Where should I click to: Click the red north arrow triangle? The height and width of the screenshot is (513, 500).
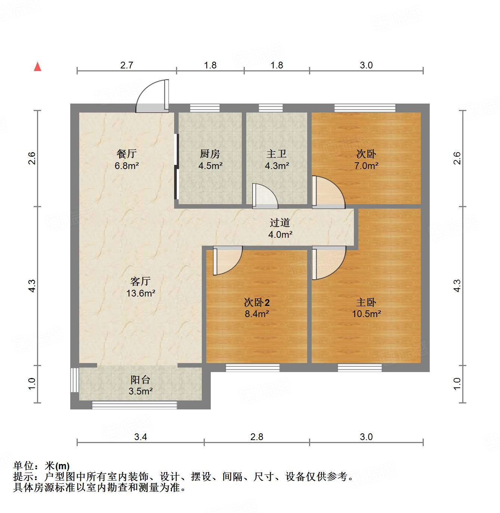(x=37, y=67)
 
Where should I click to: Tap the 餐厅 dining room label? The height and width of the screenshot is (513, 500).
(x=127, y=153)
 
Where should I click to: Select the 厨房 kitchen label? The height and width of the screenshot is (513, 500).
(x=210, y=153)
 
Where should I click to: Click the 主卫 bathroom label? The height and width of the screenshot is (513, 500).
(x=277, y=153)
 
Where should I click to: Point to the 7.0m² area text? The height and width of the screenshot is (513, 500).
(x=366, y=166)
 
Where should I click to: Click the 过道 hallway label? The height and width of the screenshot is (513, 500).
(x=280, y=222)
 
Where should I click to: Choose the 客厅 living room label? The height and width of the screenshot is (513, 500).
(x=141, y=281)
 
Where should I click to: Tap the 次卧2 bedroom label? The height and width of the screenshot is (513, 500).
(x=257, y=302)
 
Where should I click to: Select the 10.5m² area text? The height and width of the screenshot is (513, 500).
(x=366, y=314)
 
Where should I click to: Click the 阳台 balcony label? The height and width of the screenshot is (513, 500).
(x=141, y=380)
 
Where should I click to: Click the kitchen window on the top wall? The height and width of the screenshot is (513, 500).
(x=205, y=108)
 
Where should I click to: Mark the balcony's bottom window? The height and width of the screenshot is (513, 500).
(x=135, y=405)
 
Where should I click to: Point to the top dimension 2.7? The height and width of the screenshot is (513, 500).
(x=127, y=65)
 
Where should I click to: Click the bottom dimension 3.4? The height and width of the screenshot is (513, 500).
(x=141, y=437)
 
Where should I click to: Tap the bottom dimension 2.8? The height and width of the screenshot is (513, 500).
(x=257, y=437)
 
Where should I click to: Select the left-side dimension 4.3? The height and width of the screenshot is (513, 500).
(x=32, y=286)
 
